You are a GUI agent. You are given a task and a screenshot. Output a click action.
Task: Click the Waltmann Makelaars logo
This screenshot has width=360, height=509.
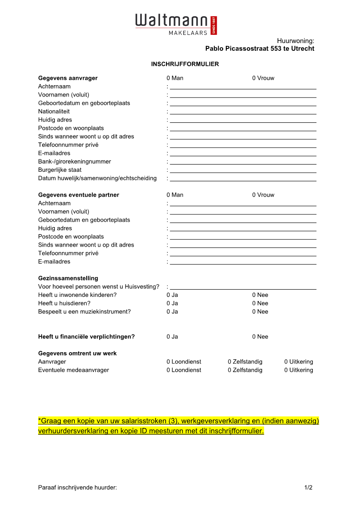(x=176, y=24)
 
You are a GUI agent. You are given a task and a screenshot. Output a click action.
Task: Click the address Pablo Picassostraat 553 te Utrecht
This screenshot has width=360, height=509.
(x=259, y=48)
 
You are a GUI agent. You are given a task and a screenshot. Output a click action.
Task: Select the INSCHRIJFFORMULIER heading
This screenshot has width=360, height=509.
(x=185, y=64)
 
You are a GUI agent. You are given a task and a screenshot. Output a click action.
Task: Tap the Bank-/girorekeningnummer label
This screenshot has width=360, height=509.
(x=74, y=161)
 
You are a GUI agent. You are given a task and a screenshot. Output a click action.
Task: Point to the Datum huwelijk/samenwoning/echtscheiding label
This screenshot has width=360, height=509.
(x=97, y=178)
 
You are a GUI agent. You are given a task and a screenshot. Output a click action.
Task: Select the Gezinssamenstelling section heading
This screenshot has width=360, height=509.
(x=68, y=278)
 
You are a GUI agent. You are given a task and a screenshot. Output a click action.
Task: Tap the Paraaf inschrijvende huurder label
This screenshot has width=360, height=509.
(x=78, y=488)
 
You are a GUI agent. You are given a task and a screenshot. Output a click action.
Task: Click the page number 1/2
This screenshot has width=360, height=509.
(x=308, y=488)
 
